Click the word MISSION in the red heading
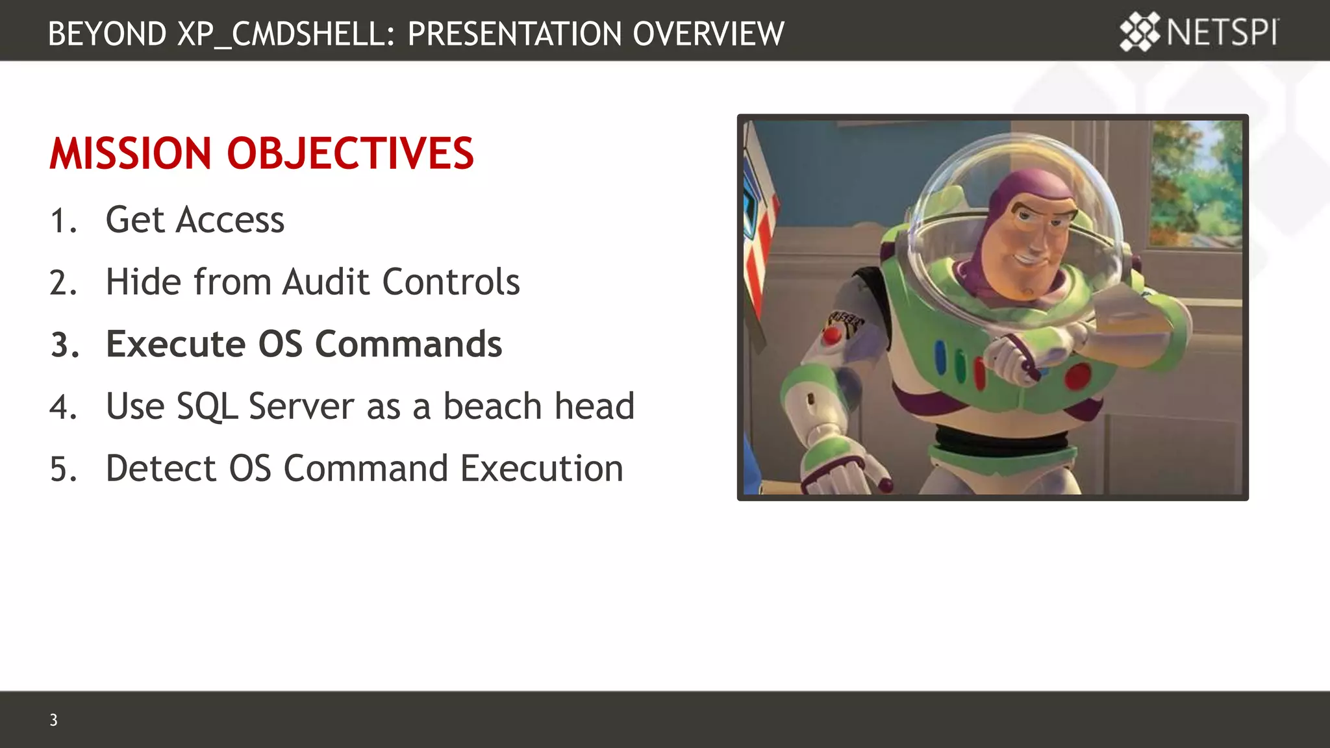[x=130, y=154]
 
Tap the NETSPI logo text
[x=1222, y=32]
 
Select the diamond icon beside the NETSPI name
[x=1139, y=32]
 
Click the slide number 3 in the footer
[x=53, y=719]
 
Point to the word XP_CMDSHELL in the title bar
[x=286, y=34]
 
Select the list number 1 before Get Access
[x=62, y=221]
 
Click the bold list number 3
[x=64, y=345]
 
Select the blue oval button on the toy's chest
[x=940, y=356]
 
